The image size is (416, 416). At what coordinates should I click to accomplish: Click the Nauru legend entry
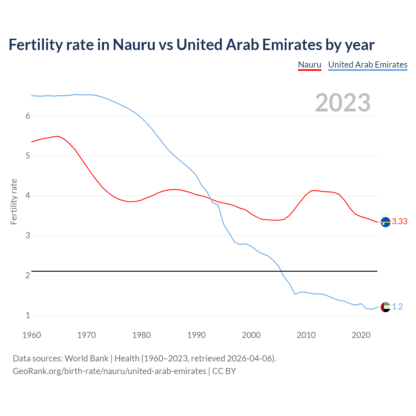[x=309, y=65]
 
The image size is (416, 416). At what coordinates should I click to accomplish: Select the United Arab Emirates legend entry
[x=368, y=65]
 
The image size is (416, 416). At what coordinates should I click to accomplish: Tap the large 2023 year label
[x=343, y=103]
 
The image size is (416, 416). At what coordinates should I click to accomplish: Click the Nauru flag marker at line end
[x=385, y=222]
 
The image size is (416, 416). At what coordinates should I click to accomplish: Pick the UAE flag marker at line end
[x=385, y=307]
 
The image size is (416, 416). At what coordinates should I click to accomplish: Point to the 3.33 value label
[x=399, y=222]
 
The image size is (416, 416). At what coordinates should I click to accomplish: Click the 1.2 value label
[x=397, y=307]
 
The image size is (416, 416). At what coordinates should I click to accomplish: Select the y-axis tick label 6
[x=28, y=116]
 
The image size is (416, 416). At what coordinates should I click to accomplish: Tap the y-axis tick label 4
[x=28, y=196]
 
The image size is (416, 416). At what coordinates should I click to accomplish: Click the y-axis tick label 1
[x=28, y=315]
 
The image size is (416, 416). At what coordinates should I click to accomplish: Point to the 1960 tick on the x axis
[x=32, y=335]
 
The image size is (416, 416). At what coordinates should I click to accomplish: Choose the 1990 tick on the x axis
[x=196, y=335]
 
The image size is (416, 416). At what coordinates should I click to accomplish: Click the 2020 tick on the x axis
[x=361, y=335]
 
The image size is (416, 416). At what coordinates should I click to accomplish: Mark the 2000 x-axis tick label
[x=251, y=335]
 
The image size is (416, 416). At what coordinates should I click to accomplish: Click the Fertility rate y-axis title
[x=14, y=201]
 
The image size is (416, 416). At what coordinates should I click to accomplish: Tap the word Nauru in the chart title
[x=134, y=45]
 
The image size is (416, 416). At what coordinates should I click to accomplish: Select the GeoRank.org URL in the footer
[x=109, y=371]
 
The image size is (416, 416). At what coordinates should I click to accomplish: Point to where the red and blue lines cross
[x=210, y=198]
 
